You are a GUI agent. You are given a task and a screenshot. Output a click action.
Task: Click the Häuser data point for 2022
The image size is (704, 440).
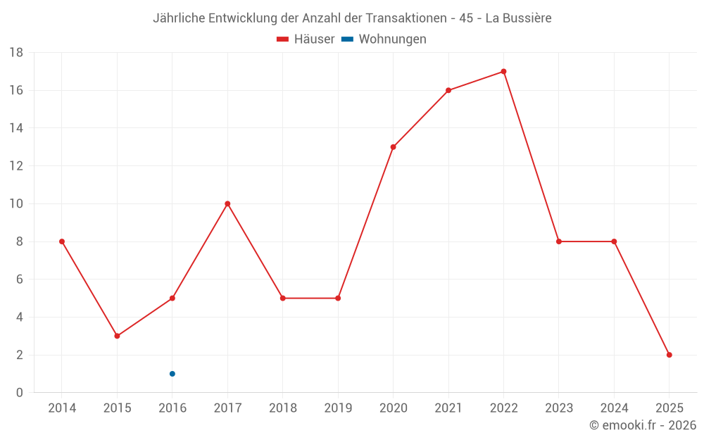(x=503, y=71)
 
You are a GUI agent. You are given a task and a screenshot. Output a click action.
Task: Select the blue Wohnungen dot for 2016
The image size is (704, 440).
(x=172, y=374)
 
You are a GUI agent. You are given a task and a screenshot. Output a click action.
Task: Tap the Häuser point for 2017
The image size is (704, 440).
(x=227, y=203)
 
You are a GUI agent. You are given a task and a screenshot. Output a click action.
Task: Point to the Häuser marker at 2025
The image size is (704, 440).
(x=669, y=355)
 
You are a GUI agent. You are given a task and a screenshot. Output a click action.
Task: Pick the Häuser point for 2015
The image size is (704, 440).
(x=117, y=336)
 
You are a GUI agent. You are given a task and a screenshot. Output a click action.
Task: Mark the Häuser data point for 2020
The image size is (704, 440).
(x=393, y=147)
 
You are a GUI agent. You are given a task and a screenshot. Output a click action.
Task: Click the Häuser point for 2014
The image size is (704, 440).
(x=62, y=241)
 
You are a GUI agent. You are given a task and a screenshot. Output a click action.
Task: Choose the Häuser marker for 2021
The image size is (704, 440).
(x=448, y=90)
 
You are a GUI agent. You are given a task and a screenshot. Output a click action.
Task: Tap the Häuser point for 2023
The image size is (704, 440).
(x=559, y=241)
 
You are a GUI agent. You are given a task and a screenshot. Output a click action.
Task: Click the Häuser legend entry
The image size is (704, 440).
(x=306, y=39)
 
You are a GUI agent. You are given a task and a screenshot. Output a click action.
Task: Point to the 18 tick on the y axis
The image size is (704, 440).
(x=16, y=53)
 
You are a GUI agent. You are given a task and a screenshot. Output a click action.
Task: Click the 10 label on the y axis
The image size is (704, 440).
(x=16, y=204)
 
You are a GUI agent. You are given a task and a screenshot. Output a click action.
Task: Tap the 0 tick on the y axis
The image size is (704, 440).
(x=20, y=393)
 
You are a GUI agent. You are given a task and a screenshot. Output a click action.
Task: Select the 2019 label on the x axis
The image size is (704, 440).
(x=338, y=408)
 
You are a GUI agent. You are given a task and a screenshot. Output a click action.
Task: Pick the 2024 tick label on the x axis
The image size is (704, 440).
(x=614, y=408)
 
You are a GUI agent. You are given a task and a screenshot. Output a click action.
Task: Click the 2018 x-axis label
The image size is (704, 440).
(x=282, y=408)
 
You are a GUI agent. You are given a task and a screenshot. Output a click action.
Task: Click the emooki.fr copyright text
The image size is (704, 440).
(x=643, y=425)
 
